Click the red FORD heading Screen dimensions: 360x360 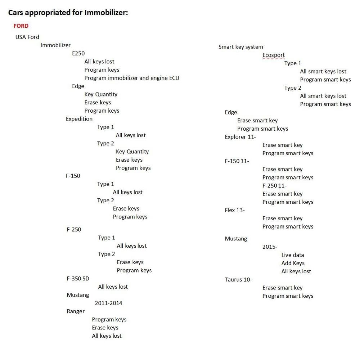coord(21,26)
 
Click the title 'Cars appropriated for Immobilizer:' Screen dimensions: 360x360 coord(68,12)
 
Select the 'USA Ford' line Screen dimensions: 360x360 coord(27,37)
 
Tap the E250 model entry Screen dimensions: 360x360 coord(78,53)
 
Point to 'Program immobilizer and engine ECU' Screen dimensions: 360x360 coord(132,78)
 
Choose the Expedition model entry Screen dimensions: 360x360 coord(79,119)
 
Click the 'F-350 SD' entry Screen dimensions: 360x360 coord(78,279)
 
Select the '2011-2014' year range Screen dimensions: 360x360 coord(108,303)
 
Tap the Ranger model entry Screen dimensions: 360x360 coord(76,311)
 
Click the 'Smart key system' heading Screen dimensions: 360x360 coord(240,47)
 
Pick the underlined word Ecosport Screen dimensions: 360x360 coord(274,55)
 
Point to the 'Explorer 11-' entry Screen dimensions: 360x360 coord(240,137)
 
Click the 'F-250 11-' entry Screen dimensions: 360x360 coord(274,185)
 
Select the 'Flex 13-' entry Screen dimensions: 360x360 coord(235,210)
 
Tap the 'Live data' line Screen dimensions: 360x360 coord(292,255)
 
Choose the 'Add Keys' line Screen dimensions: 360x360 coord(293,263)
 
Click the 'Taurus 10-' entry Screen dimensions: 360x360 coord(238,279)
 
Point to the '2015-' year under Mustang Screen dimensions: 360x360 coord(270,247)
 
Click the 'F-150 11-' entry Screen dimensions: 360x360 coord(237,161)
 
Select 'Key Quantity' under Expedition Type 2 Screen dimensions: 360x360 coord(132,152)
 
